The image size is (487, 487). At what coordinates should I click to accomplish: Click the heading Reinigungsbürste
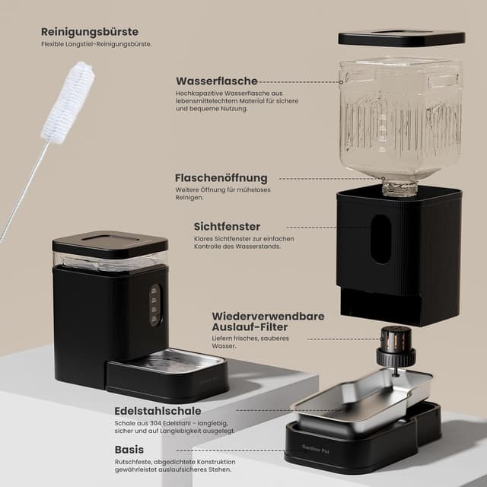90,32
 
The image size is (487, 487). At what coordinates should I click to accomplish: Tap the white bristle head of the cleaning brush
68,103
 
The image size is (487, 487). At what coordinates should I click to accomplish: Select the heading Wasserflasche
217,81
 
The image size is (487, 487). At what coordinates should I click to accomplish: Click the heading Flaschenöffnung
221,178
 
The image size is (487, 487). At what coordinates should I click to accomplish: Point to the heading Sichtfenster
227,227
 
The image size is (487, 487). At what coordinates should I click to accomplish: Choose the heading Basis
129,449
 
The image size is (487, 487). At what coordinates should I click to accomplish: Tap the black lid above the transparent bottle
401,37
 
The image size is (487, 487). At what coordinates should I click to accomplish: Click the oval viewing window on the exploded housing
380,238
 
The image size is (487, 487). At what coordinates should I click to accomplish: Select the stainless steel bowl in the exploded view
361,399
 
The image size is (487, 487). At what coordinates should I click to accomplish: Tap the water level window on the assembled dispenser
156,304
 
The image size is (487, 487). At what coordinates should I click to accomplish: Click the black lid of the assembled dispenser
110,243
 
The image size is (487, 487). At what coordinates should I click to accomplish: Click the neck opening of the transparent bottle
399,187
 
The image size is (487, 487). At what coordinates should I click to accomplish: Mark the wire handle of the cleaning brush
23,190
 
